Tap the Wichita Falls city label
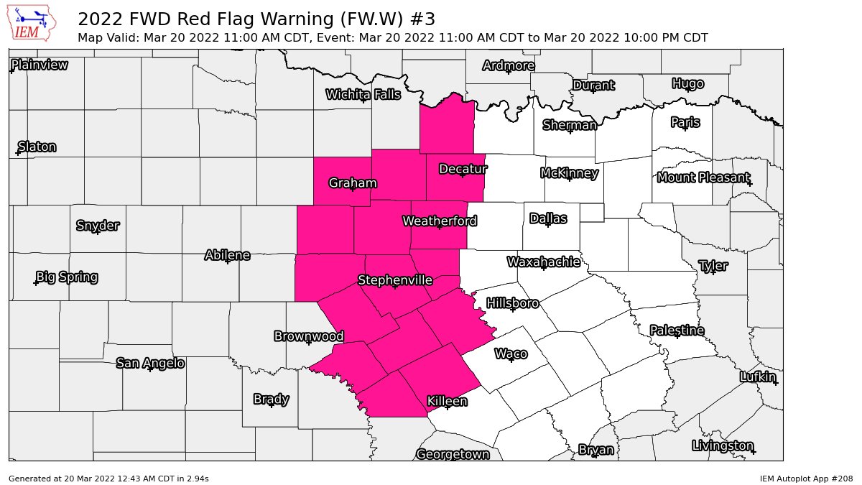(x=363, y=94)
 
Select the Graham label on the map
(x=353, y=183)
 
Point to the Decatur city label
(x=463, y=169)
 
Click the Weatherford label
(x=440, y=221)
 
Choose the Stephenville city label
(x=395, y=280)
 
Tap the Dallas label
(x=549, y=218)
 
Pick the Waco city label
(x=511, y=354)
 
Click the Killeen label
(x=447, y=401)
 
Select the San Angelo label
(x=150, y=363)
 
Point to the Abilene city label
(x=227, y=255)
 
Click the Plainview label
(x=40, y=65)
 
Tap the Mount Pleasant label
(x=703, y=177)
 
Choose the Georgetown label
(x=453, y=454)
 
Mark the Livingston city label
(x=723, y=445)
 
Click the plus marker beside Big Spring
(x=36, y=282)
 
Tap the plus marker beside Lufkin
(x=776, y=383)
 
